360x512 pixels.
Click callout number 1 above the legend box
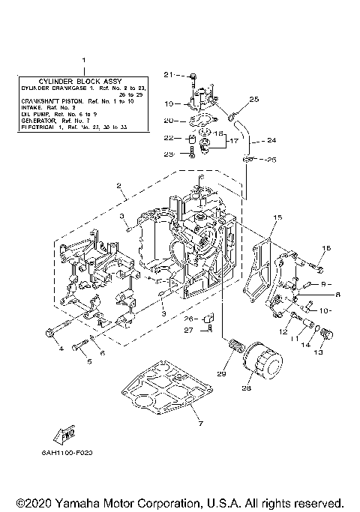(83, 59)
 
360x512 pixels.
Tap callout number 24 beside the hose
(271, 139)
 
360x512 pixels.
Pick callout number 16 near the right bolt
(326, 248)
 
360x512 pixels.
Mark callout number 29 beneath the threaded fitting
(221, 373)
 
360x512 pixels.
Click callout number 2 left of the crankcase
(118, 185)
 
